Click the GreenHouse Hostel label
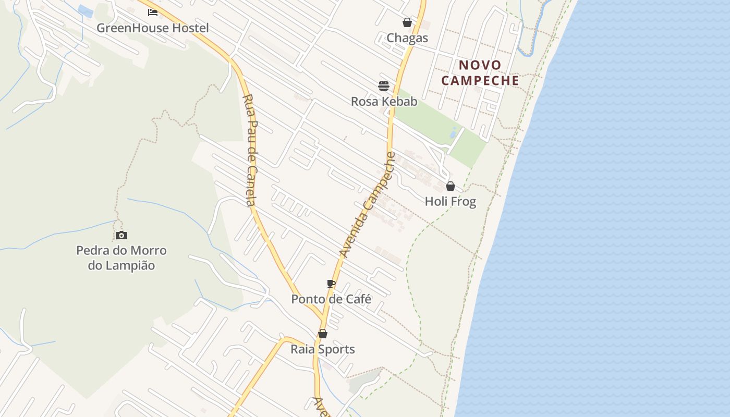pos(152,28)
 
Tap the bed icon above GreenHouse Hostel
pos(153,12)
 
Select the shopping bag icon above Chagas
pos(407,22)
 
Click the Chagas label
pos(407,38)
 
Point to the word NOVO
pos(480,65)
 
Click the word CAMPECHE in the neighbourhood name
pos(480,81)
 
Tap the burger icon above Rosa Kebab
pos(384,86)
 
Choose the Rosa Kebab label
pos(384,102)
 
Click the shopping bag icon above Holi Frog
pos(451,186)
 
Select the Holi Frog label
pos(451,202)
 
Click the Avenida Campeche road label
pos(367,204)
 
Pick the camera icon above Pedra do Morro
pos(121,236)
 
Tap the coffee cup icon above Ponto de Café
pos(331,284)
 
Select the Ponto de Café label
pos(331,299)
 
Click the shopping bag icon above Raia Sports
pos(323,334)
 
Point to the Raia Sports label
pos(323,349)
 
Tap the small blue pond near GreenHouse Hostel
pos(84,10)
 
